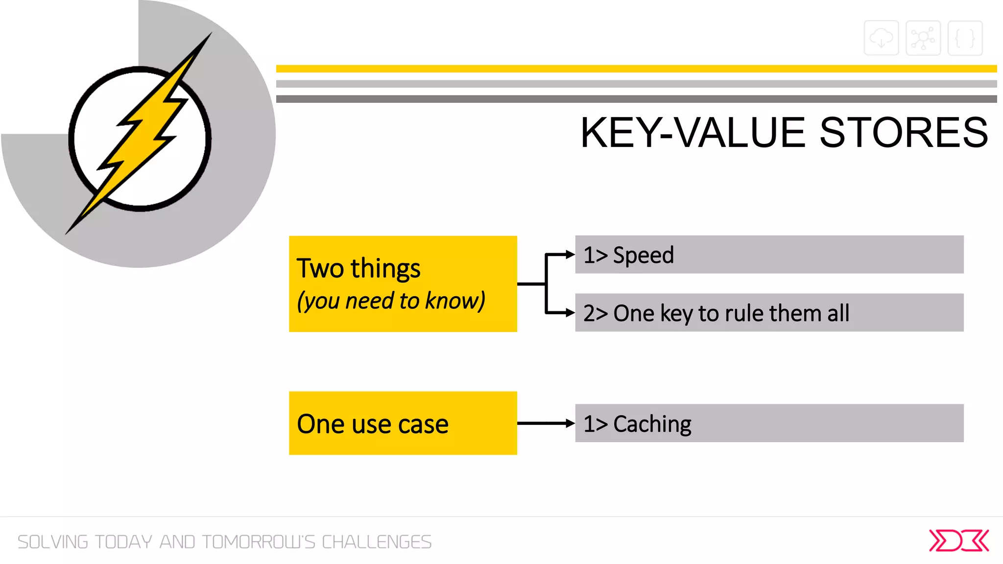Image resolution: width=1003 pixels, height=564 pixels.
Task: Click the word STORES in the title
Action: [904, 133]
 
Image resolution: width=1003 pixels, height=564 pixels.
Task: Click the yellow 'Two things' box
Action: [403, 283]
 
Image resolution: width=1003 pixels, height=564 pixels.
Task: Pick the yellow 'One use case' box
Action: [403, 423]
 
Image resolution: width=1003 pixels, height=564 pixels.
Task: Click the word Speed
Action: [643, 255]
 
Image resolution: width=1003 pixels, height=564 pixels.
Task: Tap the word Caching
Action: [652, 424]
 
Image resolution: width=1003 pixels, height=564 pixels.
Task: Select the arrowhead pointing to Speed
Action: [570, 255]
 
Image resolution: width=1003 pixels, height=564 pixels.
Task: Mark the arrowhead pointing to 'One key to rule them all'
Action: [570, 312]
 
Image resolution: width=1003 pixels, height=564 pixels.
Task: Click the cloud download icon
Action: [881, 38]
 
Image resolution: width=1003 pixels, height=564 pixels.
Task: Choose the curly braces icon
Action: [965, 38]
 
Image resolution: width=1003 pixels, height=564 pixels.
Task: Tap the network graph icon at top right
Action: [923, 38]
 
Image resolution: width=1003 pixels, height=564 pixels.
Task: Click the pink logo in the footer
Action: [958, 540]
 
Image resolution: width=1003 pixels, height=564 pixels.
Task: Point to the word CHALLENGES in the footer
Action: [376, 542]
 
